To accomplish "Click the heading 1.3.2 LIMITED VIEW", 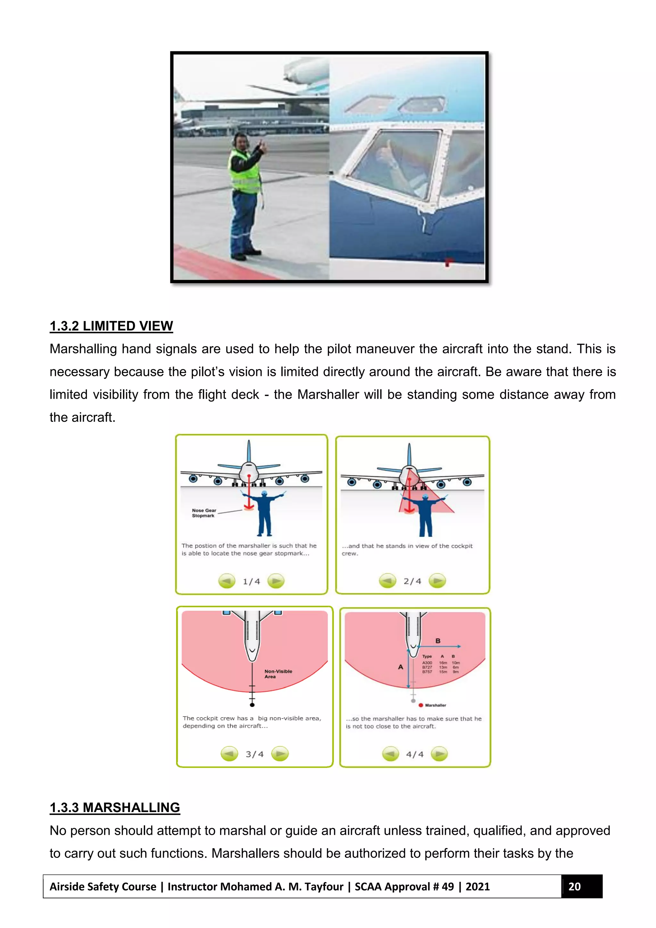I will tap(111, 326).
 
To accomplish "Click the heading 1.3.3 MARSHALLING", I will tap(115, 808).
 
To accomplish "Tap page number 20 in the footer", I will tap(574, 887).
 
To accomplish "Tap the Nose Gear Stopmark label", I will tap(204, 513).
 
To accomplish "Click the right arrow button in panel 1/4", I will tap(276, 581).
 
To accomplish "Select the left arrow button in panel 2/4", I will tap(387, 581).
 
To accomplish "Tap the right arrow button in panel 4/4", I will tap(439, 754).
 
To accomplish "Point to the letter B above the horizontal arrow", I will tap(438, 641).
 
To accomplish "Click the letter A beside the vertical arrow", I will tap(400, 667).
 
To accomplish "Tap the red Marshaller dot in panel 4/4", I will tap(421, 705).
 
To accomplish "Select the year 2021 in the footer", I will tap(478, 887).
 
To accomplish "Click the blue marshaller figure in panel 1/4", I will tap(264, 513).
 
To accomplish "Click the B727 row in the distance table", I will tap(440, 667).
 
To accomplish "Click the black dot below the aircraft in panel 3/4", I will tap(252, 705).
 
